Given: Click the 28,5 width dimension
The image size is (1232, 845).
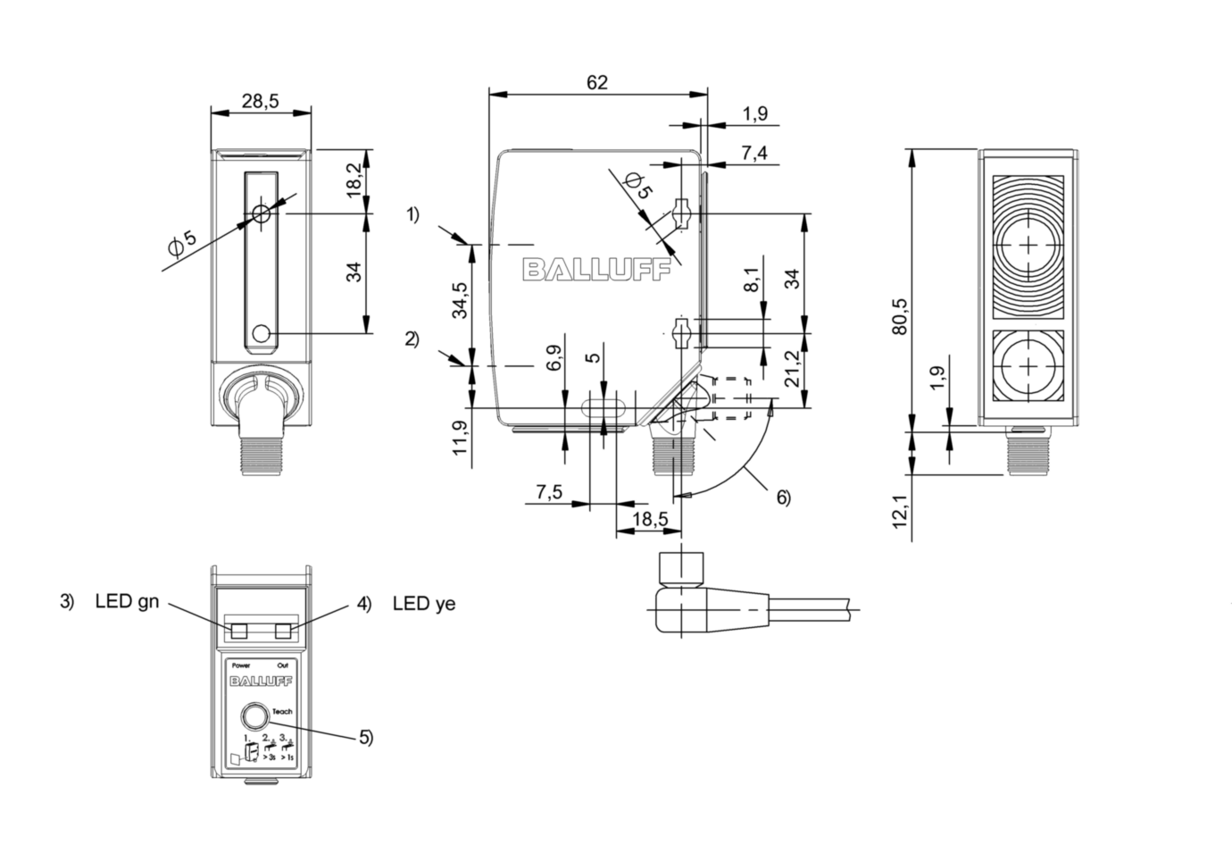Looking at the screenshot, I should click(260, 101).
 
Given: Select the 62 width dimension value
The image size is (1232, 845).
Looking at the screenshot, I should click(597, 82).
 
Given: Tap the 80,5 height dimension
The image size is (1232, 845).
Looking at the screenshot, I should click(900, 314).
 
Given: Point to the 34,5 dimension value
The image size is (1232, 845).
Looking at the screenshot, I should click(459, 301).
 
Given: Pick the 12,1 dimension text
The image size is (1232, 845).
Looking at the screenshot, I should click(900, 517).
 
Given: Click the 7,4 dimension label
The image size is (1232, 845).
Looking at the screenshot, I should click(753, 154).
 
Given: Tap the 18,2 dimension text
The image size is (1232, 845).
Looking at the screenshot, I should click(354, 180).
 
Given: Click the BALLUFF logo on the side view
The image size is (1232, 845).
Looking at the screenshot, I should click(596, 270).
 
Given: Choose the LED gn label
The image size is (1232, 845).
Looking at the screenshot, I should click(127, 601).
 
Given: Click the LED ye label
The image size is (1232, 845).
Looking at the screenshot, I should click(424, 604).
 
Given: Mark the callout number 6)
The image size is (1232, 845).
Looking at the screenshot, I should click(783, 498).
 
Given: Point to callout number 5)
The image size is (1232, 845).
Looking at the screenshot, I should click(366, 737).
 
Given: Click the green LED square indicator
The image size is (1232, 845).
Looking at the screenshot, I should click(238, 632).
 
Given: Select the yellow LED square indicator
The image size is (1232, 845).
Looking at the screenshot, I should click(284, 632).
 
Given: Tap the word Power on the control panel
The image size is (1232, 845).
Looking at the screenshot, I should click(241, 666).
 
